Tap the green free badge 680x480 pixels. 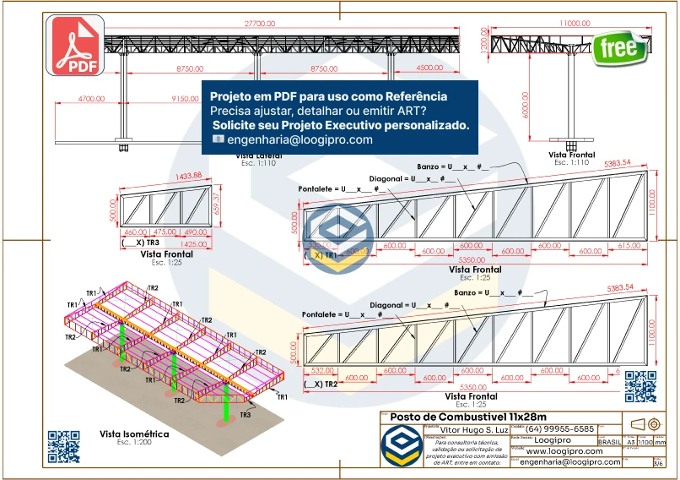(x=619, y=48)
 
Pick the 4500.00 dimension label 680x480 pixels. (x=429, y=68)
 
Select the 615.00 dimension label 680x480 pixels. (x=629, y=245)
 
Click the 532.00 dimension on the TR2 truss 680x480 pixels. (x=322, y=369)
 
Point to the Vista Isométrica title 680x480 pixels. (x=134, y=434)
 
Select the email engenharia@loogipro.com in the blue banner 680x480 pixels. (x=300, y=140)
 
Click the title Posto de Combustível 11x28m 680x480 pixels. (x=469, y=417)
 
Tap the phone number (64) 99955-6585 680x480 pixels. (x=560, y=428)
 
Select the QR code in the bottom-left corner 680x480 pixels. (x=63, y=446)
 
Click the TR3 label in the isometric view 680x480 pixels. (x=246, y=415)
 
